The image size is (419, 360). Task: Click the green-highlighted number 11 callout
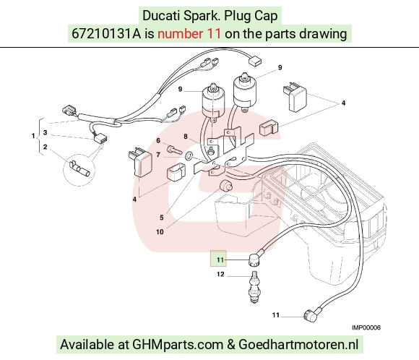pos(220,260)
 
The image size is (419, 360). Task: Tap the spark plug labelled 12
pos(254,287)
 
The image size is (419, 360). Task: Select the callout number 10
pos(160,231)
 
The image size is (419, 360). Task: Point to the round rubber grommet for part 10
pos(226,186)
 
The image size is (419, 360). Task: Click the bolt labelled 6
pos(175,149)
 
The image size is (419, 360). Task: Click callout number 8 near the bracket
pos(186,137)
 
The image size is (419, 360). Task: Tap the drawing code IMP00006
pos(366,327)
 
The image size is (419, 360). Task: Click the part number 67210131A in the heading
pos(106,34)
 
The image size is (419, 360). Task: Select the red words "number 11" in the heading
pos(189,34)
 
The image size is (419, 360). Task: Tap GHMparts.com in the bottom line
pos(178,344)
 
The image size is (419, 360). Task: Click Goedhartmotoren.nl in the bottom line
pos(298,344)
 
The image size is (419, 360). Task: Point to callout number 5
pos(161,218)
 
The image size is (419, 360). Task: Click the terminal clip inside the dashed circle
pos(79,169)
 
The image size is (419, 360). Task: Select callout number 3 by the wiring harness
pos(46,132)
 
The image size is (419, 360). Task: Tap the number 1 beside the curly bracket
pos(33,136)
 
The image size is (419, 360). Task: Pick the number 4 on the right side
pos(343,103)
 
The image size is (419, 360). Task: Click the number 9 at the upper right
pos(280,67)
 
